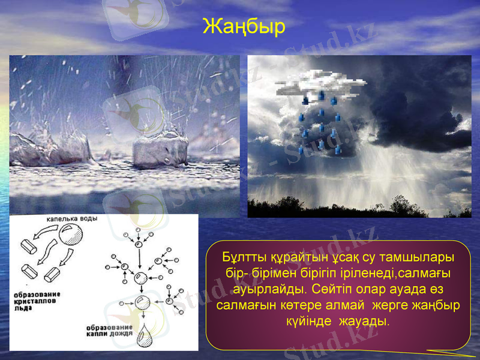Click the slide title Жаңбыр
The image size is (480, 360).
click(x=244, y=27)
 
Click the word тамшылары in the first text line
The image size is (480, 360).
click(x=414, y=257)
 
